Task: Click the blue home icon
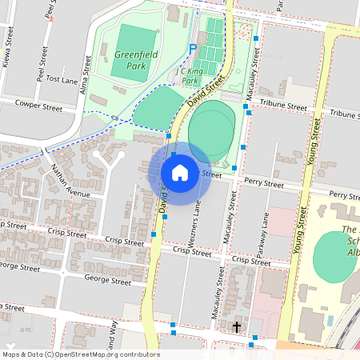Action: tap(180, 173)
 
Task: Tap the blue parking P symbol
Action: tap(192, 49)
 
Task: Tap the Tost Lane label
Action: tap(61, 80)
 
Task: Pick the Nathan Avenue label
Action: tap(71, 179)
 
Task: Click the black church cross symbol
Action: tap(236, 326)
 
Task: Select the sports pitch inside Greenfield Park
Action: tap(130, 52)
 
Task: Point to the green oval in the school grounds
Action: tap(335, 255)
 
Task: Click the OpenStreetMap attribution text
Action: tap(81, 354)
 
